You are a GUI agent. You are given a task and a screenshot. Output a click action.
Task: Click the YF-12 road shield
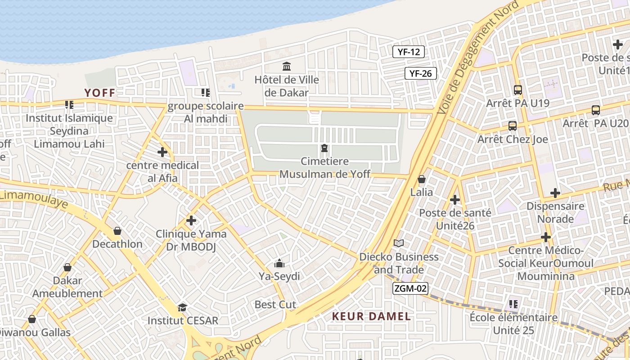click(x=409, y=52)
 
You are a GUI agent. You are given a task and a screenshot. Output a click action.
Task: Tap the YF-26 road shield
click(x=421, y=73)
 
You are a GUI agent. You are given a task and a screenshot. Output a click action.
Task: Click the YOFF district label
click(x=100, y=93)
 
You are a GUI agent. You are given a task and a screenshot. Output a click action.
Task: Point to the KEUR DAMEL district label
click(x=371, y=316)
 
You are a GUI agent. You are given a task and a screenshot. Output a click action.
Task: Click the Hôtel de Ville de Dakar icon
click(x=287, y=67)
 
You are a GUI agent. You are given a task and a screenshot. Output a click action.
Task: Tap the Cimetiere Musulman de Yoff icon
click(x=324, y=148)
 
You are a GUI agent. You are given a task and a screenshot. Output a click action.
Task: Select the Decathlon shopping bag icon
click(x=117, y=231)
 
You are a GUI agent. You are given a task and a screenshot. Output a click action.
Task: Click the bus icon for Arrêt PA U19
click(x=517, y=90)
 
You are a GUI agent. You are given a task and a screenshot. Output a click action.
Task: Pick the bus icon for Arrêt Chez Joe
click(x=512, y=126)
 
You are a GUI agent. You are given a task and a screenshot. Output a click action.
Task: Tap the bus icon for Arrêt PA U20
click(x=595, y=110)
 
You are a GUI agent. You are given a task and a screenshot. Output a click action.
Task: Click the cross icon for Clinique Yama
click(x=191, y=220)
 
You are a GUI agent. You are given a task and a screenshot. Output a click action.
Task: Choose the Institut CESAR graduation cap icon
click(x=182, y=307)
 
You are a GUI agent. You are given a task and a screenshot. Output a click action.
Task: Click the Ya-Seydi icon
click(x=279, y=263)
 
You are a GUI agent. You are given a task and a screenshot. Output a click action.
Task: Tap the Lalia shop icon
click(x=422, y=179)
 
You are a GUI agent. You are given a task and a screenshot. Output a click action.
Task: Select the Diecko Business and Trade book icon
click(x=398, y=243)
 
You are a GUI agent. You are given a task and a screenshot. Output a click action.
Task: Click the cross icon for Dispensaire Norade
click(x=555, y=193)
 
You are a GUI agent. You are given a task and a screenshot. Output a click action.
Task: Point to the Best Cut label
click(x=275, y=305)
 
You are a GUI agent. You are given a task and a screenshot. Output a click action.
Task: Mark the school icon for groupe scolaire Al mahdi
click(x=206, y=93)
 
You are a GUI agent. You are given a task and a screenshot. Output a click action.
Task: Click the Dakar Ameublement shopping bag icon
click(x=67, y=267)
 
